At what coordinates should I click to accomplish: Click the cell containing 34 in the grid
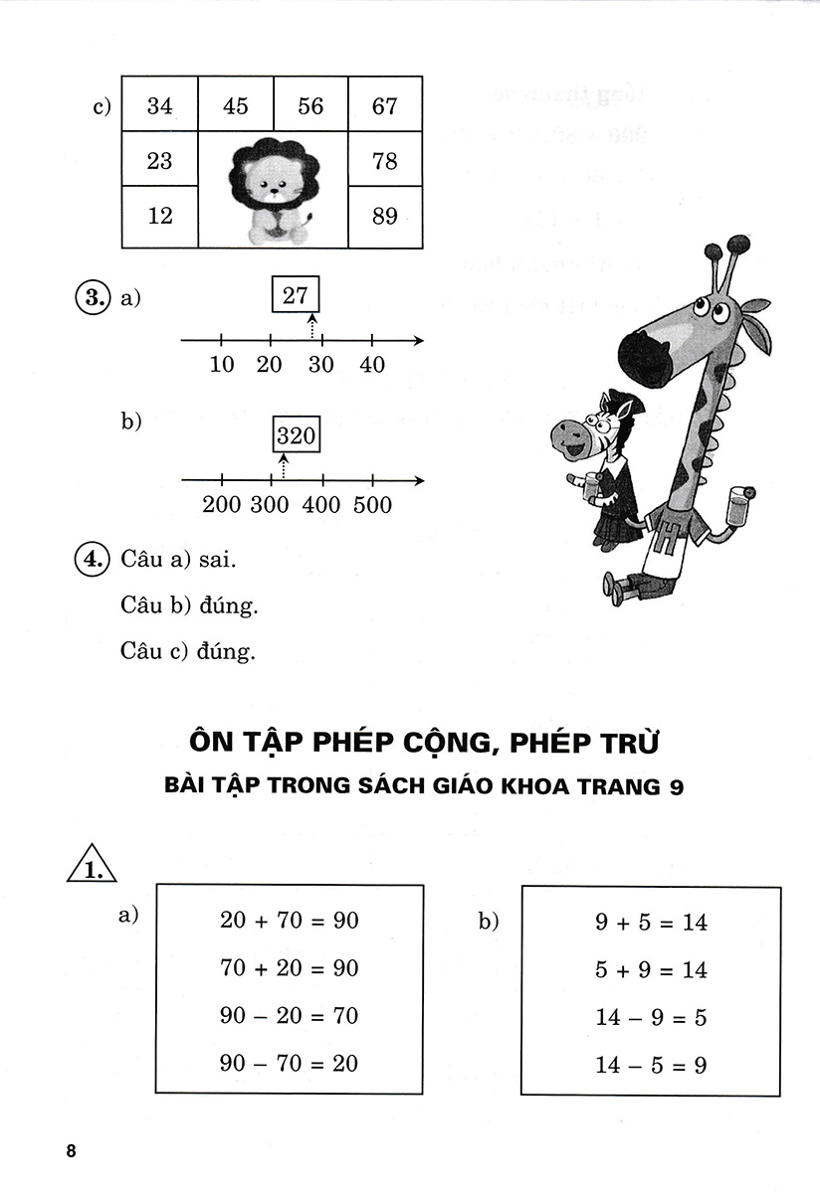point(159,106)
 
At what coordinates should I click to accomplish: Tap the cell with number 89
point(385,215)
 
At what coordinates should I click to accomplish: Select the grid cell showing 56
point(310,106)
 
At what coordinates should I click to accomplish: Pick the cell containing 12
point(159,215)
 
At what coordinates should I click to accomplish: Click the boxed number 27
point(296,294)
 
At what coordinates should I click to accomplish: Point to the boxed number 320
point(296,434)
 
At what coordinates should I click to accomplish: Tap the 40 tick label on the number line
point(372,365)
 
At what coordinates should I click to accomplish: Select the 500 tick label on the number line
point(372,505)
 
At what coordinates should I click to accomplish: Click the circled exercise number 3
point(92,297)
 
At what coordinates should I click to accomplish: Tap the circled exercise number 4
point(92,559)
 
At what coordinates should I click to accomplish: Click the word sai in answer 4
point(216,559)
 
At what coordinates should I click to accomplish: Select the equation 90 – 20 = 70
point(289,1016)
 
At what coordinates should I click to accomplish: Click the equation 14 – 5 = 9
point(651,1066)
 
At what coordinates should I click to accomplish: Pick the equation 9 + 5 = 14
point(651,923)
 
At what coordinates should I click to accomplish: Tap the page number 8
point(70,1151)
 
